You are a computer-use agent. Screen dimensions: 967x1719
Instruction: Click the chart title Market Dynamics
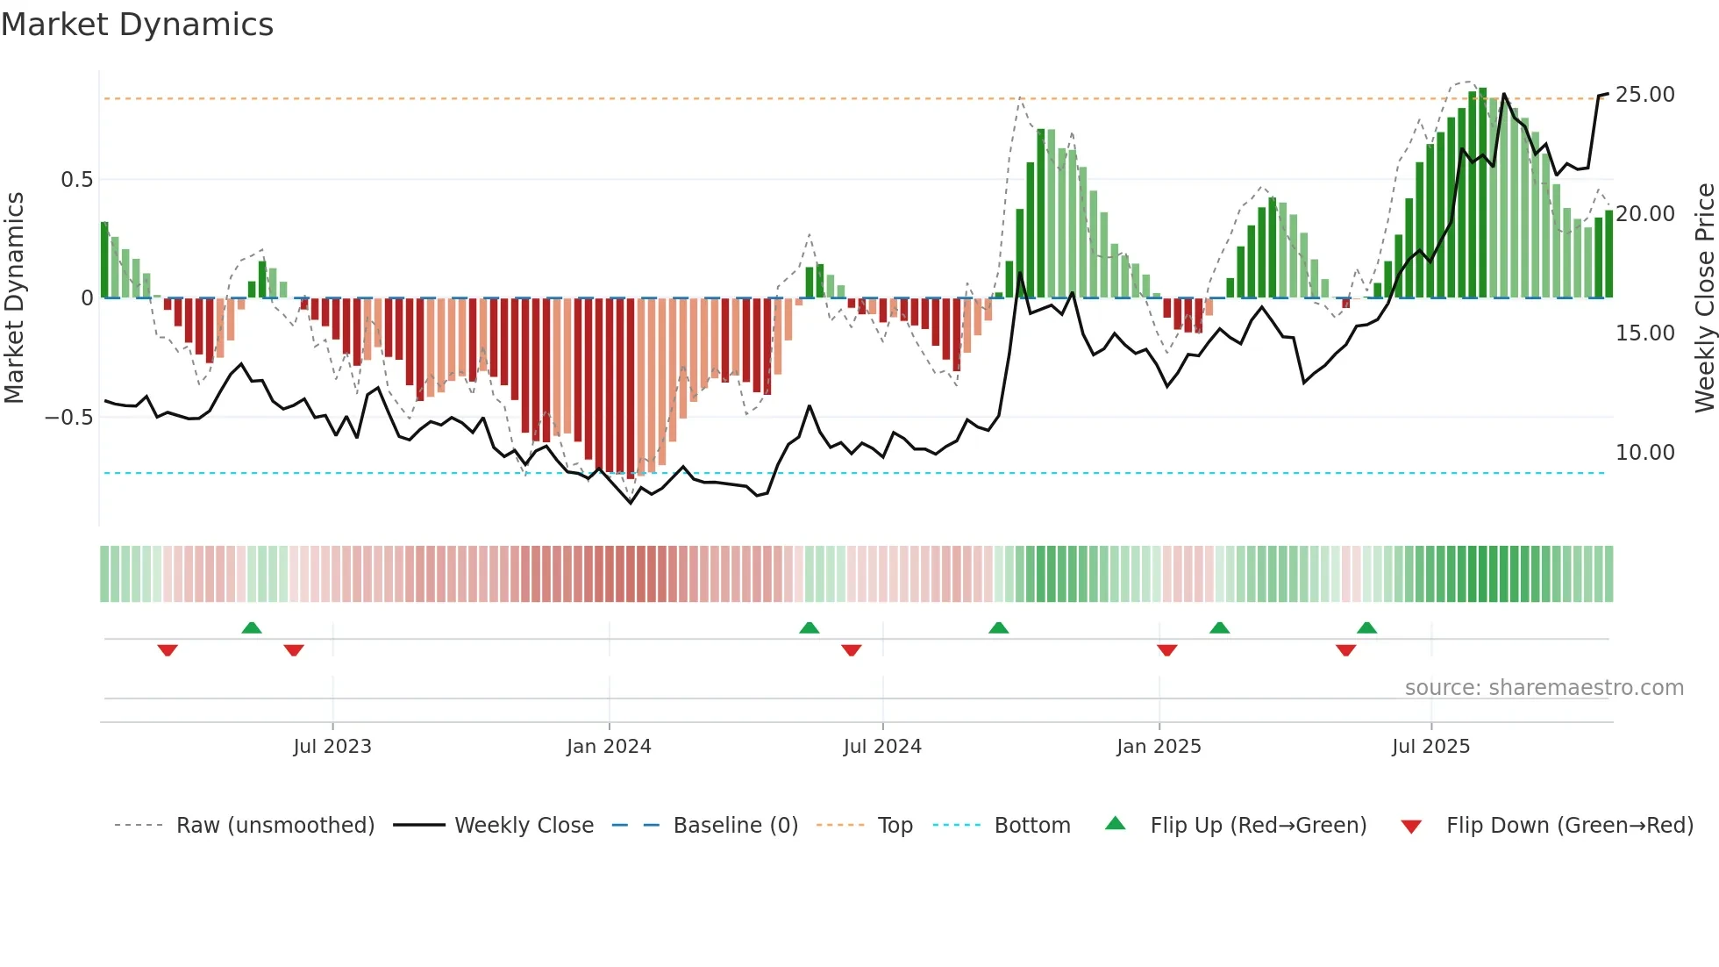(137, 25)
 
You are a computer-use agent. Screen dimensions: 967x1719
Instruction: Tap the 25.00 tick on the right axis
(1644, 95)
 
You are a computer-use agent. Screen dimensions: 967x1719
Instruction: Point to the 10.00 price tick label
(1644, 453)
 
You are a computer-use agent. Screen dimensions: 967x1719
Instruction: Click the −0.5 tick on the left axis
(68, 418)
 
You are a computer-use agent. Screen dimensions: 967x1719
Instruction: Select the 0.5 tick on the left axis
(76, 180)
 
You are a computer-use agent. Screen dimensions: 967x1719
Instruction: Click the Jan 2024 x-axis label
(609, 747)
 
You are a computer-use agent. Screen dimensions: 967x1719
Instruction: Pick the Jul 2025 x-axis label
(1430, 747)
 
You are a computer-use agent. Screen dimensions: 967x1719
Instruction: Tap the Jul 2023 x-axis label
(332, 747)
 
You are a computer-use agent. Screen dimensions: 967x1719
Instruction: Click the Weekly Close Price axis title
(1703, 298)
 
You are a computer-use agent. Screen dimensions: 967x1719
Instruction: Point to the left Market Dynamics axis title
(14, 298)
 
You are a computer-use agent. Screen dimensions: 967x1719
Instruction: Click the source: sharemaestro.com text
(1544, 688)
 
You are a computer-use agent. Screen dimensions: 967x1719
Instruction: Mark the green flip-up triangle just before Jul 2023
(252, 627)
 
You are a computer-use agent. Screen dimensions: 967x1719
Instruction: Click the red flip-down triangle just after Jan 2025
(1166, 650)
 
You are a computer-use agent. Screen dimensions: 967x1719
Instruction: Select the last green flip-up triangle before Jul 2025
(1366, 627)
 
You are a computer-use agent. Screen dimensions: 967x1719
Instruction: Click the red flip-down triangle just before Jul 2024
(851, 650)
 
